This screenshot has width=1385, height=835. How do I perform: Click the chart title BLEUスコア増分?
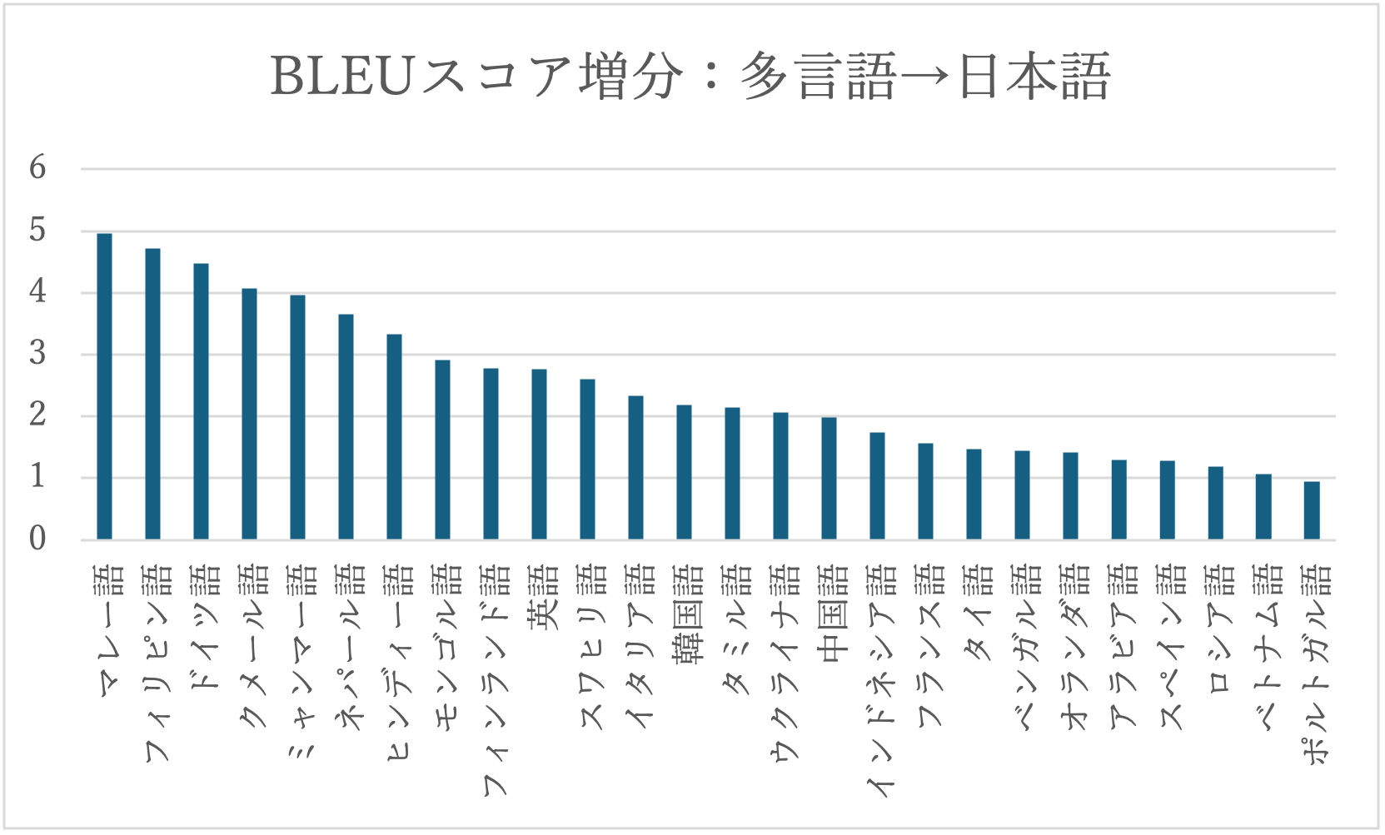click(690, 77)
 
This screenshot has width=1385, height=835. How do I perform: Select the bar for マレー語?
click(104, 386)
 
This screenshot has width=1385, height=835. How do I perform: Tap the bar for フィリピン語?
click(152, 394)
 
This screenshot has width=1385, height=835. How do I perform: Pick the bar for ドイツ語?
click(201, 401)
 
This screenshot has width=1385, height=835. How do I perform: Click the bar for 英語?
click(539, 454)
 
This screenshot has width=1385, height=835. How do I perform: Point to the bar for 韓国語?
click(684, 472)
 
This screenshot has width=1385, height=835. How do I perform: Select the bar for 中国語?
click(829, 478)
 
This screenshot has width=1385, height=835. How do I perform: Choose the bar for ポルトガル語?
click(1312, 510)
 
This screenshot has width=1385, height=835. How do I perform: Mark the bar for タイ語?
click(974, 494)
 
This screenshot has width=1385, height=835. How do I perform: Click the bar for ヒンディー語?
click(394, 437)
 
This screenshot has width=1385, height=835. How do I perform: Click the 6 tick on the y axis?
click(37, 168)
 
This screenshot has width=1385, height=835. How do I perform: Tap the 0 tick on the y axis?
click(37, 539)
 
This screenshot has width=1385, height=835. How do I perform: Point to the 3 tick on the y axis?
click(37, 354)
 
